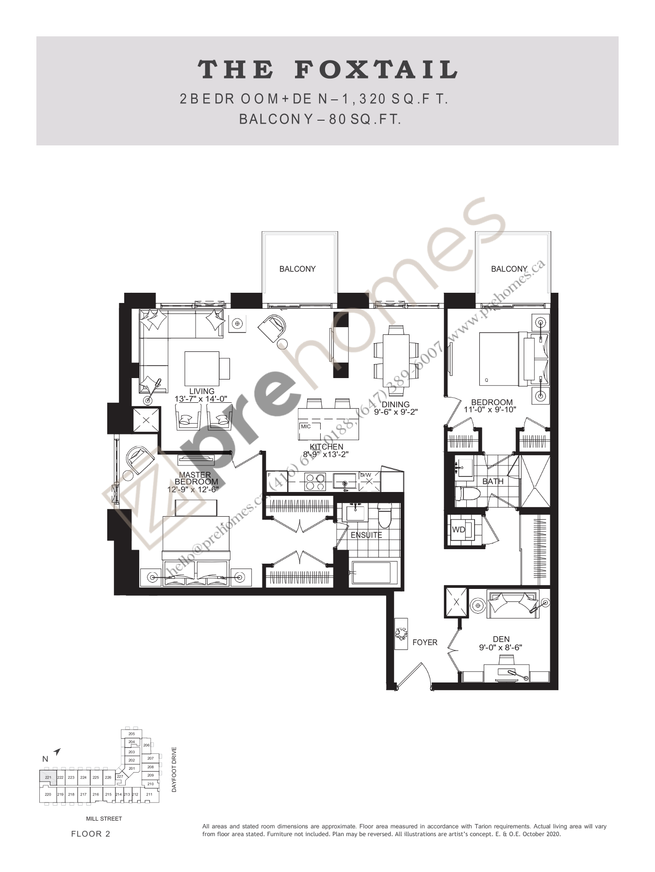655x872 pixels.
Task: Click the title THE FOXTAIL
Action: click(x=327, y=70)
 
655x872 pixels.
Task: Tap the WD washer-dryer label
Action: click(x=458, y=530)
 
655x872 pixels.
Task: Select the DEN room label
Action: click(x=501, y=639)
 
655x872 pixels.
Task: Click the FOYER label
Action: click(x=425, y=642)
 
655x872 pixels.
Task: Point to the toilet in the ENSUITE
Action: click(x=385, y=517)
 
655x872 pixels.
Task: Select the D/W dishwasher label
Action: click(x=365, y=475)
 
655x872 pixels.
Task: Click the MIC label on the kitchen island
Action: click(x=306, y=427)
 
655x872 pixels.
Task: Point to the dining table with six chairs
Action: click(x=396, y=358)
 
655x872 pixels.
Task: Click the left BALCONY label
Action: click(x=297, y=269)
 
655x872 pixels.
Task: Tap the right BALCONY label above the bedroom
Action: click(x=508, y=269)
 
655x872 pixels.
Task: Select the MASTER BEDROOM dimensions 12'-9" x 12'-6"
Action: click(x=193, y=490)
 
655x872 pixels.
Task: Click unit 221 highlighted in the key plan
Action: click(x=48, y=777)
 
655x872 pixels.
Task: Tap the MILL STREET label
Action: click(x=104, y=819)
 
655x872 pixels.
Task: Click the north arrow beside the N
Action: click(x=57, y=752)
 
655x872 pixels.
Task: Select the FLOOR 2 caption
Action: click(x=91, y=834)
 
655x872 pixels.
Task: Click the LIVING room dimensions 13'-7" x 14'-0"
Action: click(x=201, y=399)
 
